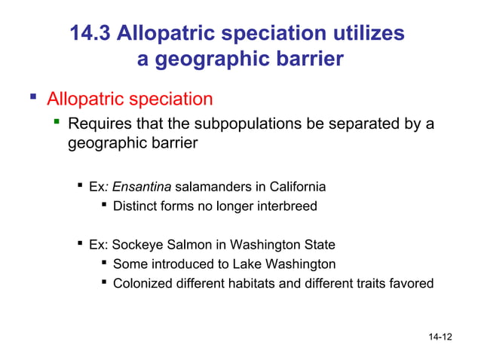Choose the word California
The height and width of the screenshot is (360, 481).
tap(290, 186)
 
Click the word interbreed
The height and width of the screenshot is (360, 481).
tap(286, 206)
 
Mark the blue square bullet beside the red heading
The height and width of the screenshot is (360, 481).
tap(32, 98)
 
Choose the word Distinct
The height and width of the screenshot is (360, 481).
tap(136, 206)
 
